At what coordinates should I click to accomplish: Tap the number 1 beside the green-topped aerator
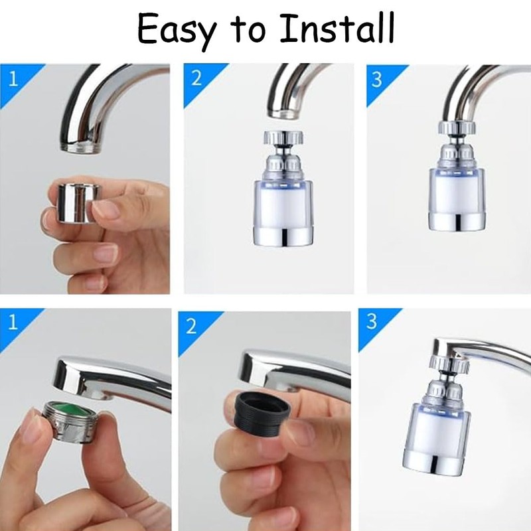(x=11, y=323)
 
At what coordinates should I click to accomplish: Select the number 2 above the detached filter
(x=196, y=79)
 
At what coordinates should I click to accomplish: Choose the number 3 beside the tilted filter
(x=372, y=323)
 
